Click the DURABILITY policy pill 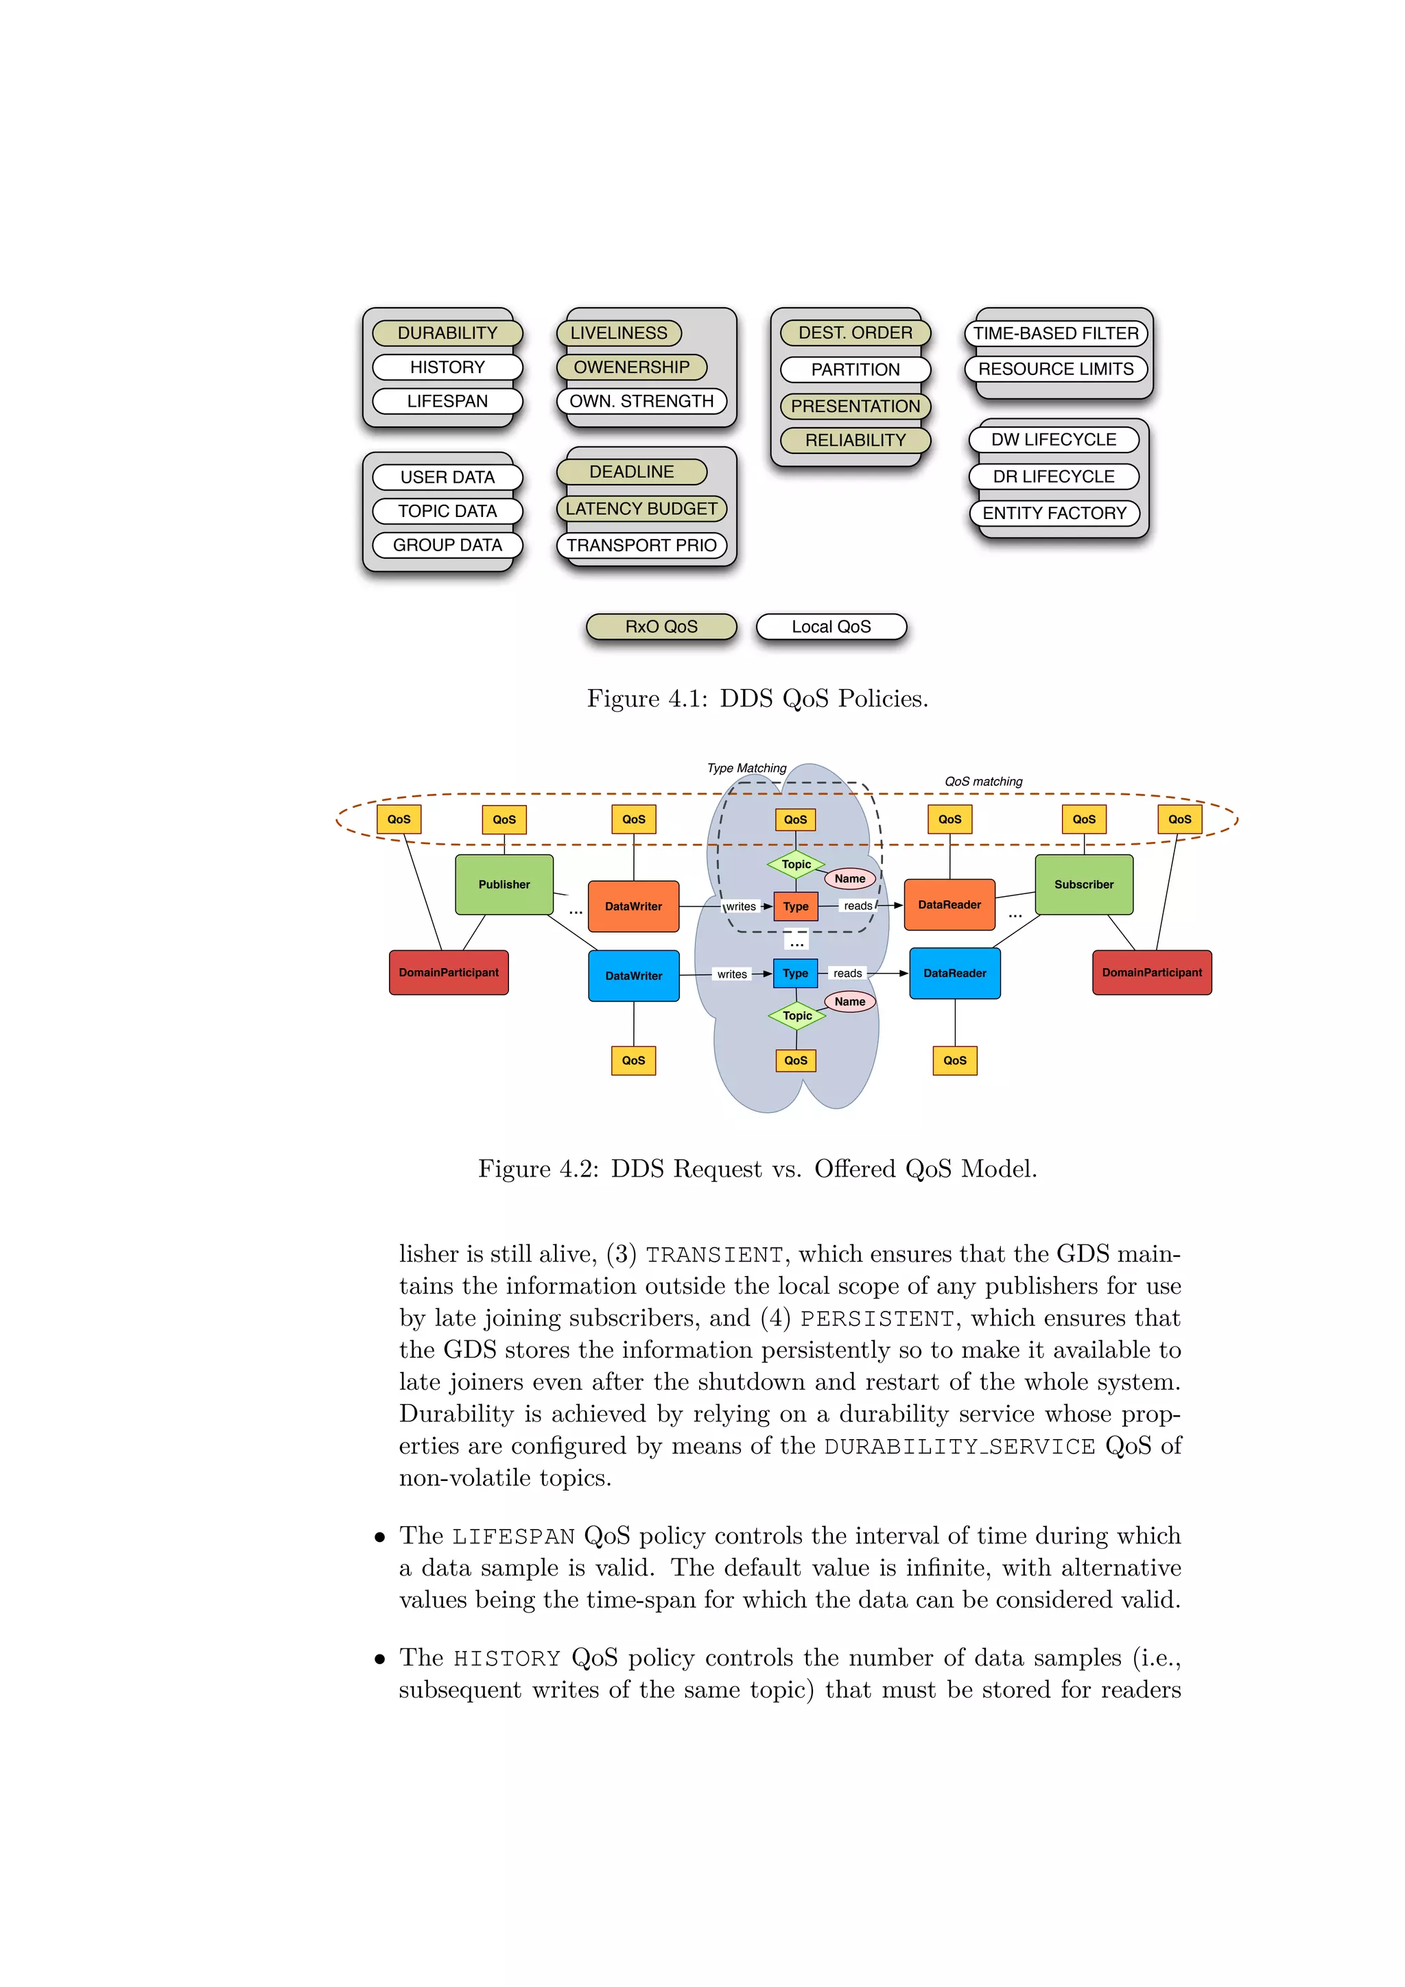pyautogui.click(x=447, y=333)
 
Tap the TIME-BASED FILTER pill pyautogui.click(x=1055, y=333)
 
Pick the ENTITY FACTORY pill pyautogui.click(x=1054, y=513)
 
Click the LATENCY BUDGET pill pyautogui.click(x=641, y=509)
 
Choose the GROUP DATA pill pyautogui.click(x=447, y=545)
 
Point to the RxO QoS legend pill pyautogui.click(x=661, y=627)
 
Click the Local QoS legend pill pyautogui.click(x=831, y=627)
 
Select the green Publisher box pyautogui.click(x=504, y=884)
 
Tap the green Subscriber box pyautogui.click(x=1084, y=884)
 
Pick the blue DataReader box pyautogui.click(x=954, y=974)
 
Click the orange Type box pyautogui.click(x=796, y=906)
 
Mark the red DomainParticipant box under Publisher pyautogui.click(x=449, y=973)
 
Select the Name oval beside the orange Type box pyautogui.click(x=849, y=878)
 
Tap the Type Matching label pyautogui.click(x=746, y=769)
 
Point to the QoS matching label pyautogui.click(x=983, y=782)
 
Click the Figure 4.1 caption pyautogui.click(x=757, y=699)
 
